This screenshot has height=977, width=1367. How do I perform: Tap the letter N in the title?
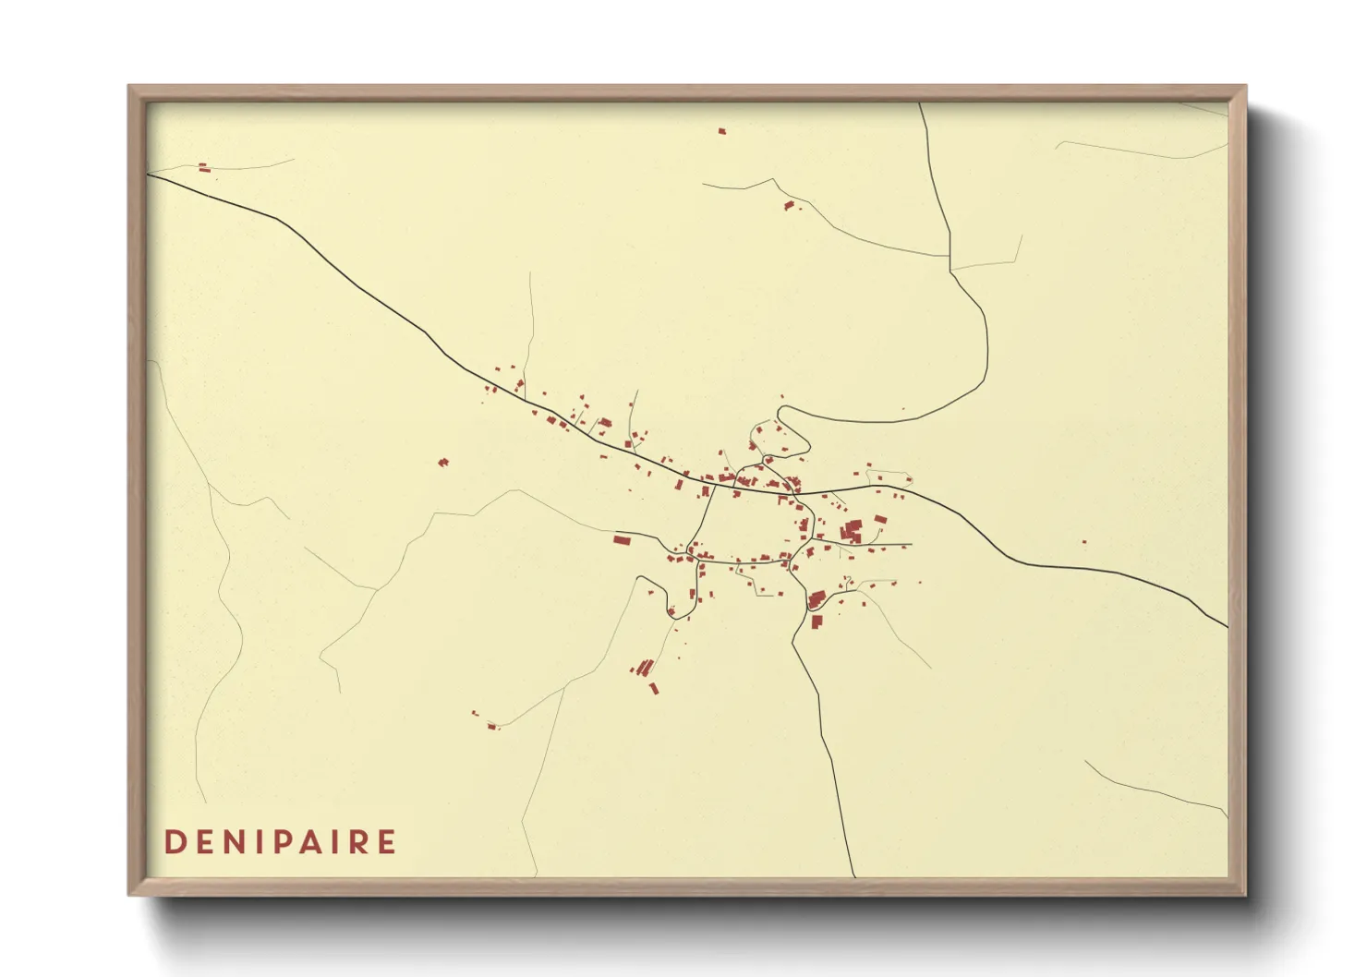pos(234,842)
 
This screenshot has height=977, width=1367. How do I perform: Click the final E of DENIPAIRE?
pos(387,842)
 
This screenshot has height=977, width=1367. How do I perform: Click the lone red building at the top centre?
pos(722,132)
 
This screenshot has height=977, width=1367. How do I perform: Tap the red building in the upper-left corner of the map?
pos(204,167)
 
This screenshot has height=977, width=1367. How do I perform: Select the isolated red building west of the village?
pos(442,462)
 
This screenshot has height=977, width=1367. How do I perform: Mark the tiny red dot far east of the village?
pos(1083,543)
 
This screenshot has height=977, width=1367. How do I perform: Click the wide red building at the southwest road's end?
pos(622,539)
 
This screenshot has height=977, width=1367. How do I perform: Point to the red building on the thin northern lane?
pos(789,205)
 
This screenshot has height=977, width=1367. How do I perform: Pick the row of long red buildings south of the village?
pos(644,667)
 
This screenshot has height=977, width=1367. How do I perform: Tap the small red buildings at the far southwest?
pos(491,726)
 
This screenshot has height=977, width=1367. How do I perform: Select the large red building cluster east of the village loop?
pos(852,530)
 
